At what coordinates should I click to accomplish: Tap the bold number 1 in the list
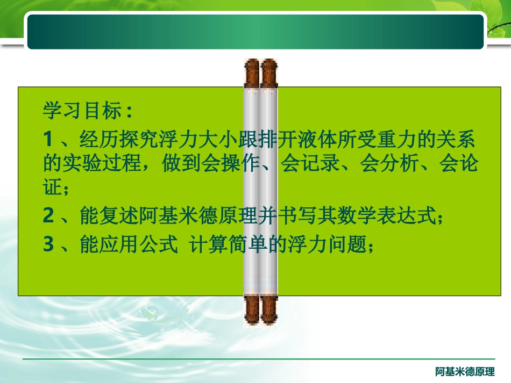(48, 141)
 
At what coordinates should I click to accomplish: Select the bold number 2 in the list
(49, 216)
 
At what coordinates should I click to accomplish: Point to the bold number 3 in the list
(49, 244)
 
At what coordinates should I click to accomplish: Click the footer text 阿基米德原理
(465, 371)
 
